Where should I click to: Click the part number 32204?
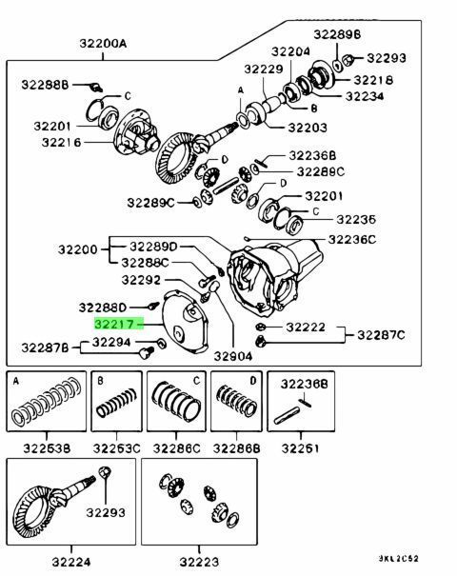[291, 51]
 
